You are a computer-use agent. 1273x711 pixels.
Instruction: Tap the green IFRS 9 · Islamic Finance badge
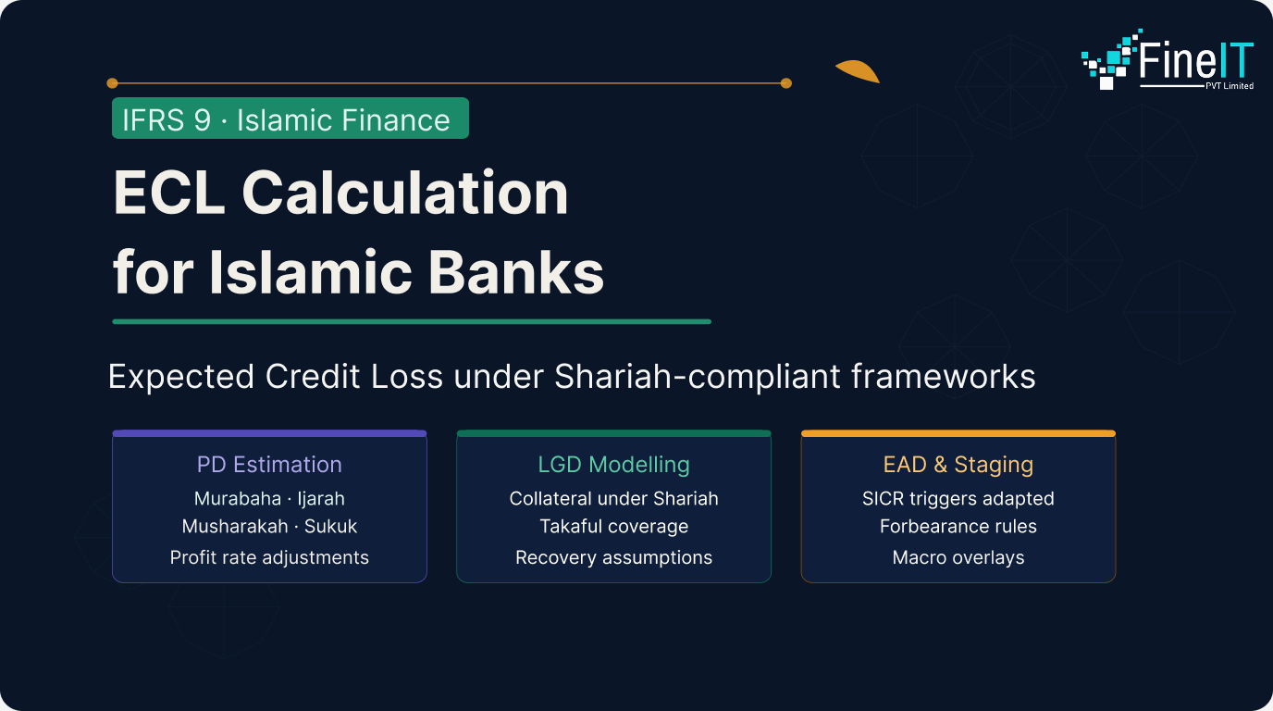point(290,118)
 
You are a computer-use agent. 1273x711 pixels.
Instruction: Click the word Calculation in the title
point(405,193)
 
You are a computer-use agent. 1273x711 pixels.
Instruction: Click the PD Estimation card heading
point(269,465)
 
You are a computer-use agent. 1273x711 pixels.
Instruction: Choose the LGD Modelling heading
point(613,465)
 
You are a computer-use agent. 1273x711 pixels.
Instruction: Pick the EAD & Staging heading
point(958,465)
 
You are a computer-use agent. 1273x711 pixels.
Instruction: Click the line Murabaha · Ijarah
point(269,499)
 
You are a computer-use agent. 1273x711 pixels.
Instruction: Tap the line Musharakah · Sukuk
point(269,527)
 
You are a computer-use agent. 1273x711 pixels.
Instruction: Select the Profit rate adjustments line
point(269,557)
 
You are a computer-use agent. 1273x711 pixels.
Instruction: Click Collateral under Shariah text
point(613,499)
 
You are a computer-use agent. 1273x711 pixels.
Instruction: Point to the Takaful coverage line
point(613,527)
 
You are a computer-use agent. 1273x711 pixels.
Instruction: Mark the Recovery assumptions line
point(613,557)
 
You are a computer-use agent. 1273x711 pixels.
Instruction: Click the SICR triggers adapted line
point(958,499)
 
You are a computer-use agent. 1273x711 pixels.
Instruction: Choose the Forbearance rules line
point(958,527)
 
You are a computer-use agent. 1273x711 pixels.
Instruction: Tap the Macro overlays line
point(958,557)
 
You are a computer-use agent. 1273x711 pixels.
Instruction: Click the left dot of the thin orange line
point(112,83)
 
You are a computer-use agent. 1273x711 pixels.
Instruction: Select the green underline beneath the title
point(412,321)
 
